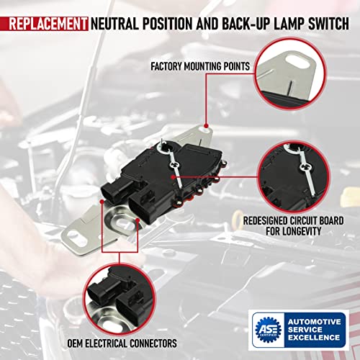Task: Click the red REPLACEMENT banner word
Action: (45, 24)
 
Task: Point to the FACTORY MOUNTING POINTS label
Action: (200, 67)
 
